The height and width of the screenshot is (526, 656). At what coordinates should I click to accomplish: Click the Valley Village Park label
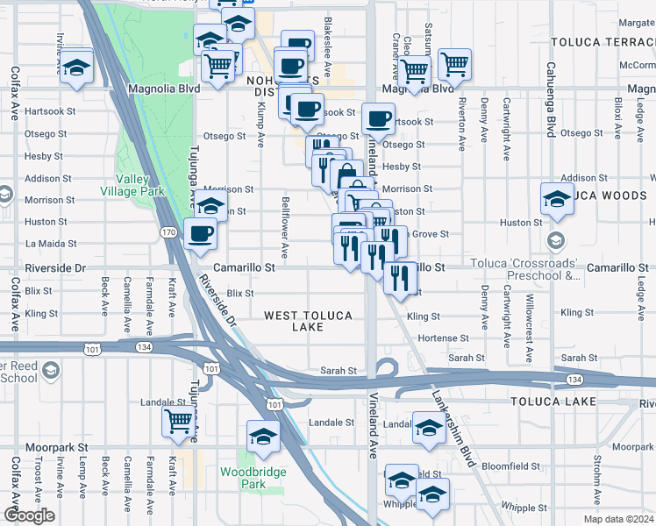coord(133,185)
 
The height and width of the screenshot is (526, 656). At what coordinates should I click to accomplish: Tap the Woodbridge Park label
coord(242,478)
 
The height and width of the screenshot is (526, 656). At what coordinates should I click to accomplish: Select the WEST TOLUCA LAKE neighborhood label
coord(308,321)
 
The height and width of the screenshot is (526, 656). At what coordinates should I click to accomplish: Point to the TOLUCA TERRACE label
coord(603,42)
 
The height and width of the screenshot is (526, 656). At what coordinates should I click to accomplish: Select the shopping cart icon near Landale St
coord(178,422)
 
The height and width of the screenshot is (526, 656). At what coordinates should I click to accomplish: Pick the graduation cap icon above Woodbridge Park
coord(262,436)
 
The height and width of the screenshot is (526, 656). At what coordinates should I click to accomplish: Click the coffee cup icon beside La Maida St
coord(201,233)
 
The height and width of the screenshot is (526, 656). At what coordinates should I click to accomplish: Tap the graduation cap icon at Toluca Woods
coord(557,198)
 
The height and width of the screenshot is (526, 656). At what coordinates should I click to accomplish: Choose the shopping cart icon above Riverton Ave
coord(455,62)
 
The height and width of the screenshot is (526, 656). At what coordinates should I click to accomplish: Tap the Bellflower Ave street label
coord(286,222)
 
